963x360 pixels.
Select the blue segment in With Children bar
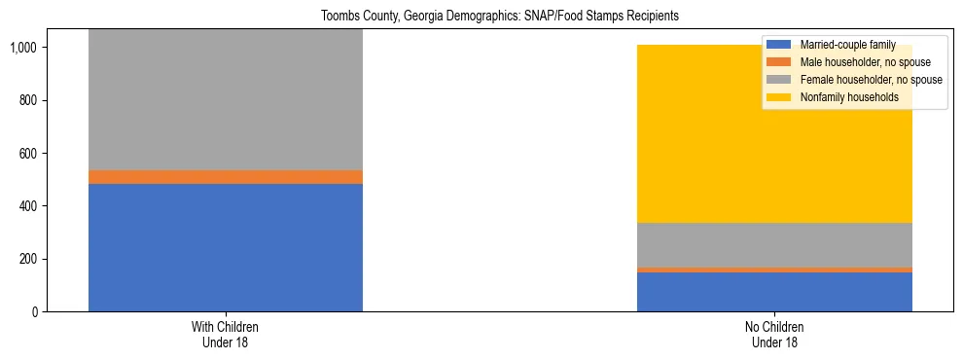click(226, 247)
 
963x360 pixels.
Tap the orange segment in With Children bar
click(226, 177)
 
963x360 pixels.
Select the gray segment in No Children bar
click(774, 244)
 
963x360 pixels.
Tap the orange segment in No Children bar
click(774, 270)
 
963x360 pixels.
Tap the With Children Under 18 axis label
click(226, 335)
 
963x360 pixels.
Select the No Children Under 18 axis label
click(774, 335)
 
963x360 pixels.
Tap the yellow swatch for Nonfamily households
click(779, 97)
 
